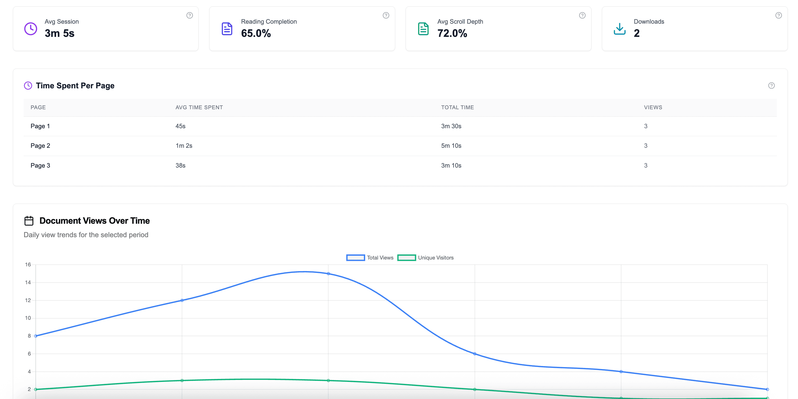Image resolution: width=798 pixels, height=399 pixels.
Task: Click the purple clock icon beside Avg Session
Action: [31, 29]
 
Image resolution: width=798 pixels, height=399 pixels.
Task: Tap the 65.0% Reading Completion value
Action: [256, 33]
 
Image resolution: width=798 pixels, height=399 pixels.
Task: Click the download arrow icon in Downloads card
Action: [620, 29]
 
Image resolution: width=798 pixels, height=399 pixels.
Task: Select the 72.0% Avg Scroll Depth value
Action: [452, 33]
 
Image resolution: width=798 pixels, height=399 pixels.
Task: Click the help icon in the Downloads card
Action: [778, 15]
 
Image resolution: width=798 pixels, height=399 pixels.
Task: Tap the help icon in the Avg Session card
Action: [189, 15]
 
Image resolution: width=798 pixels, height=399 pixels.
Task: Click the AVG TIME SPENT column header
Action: [199, 107]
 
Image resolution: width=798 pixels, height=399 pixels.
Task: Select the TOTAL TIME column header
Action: [457, 107]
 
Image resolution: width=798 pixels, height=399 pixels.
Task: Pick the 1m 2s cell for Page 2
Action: [184, 146]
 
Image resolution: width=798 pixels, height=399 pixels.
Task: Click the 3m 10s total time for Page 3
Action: [451, 166]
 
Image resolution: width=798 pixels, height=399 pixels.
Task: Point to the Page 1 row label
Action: [40, 126]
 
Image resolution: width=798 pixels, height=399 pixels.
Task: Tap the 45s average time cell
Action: [180, 126]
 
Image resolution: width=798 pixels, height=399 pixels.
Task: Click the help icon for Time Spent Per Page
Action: [771, 86]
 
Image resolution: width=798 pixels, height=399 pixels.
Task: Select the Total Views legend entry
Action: [370, 258]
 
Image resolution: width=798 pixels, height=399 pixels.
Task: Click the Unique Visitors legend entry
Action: [425, 258]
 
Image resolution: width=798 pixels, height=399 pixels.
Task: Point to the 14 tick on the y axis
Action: [28, 282]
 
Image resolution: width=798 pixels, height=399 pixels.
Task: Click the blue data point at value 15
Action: [328, 274]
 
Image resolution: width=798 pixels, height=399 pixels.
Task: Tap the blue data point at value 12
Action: [182, 300]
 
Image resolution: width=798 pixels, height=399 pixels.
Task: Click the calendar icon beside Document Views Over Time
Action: [29, 221]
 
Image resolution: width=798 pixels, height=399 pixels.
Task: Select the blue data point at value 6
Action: [475, 354]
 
